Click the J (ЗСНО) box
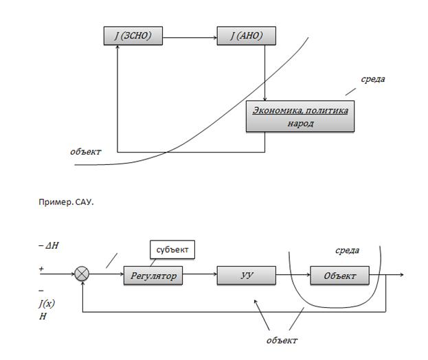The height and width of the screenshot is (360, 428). tap(133, 36)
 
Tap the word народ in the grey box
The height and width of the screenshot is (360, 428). tap(300, 124)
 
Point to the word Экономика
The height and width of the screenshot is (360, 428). tap(277, 110)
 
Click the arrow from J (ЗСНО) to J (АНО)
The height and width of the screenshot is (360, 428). tap(189, 36)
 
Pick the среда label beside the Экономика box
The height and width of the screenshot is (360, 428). tap(373, 79)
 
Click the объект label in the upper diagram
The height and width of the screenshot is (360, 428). tap(86, 151)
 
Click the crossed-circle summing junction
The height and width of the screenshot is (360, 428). tap(82, 275)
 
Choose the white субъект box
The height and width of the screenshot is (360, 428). tap(172, 249)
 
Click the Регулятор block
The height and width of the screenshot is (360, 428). tap(154, 276)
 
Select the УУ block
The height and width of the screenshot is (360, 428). tap(245, 276)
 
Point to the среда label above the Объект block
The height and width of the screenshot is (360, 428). tap(346, 251)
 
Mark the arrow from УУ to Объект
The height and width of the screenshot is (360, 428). tap(292, 276)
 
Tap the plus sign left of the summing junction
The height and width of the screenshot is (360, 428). tap(42, 269)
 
